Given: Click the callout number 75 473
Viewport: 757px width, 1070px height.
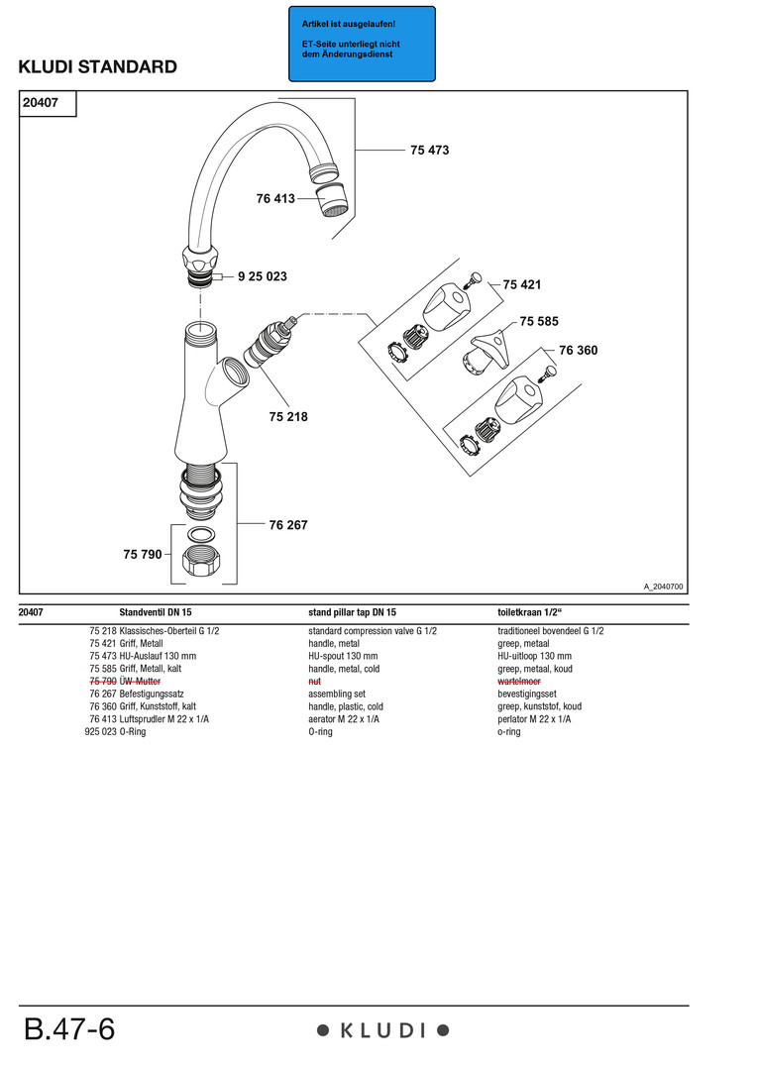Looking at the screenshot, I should [429, 151].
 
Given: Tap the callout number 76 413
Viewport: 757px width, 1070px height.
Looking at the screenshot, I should [275, 199].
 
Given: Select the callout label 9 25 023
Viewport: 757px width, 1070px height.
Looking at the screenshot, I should [263, 276].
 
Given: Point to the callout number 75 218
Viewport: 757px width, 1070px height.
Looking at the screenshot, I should [288, 417].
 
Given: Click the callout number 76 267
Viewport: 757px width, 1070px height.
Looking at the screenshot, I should [288, 525].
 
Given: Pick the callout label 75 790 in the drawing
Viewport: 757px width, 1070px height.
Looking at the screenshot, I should [143, 555].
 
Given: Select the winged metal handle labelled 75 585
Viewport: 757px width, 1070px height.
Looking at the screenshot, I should [484, 350].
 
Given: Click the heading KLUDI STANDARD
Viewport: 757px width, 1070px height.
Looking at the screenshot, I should [98, 67].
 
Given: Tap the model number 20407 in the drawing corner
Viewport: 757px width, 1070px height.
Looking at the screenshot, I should [41, 102].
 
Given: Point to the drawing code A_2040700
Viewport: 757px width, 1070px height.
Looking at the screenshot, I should [663, 587].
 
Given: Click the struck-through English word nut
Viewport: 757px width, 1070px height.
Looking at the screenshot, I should [315, 682].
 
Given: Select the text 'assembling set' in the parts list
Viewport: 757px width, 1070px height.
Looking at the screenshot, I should [337, 695].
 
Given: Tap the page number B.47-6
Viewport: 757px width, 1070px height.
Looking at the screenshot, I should [69, 1029].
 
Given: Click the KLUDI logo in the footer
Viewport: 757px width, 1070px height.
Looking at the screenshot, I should [382, 1030].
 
